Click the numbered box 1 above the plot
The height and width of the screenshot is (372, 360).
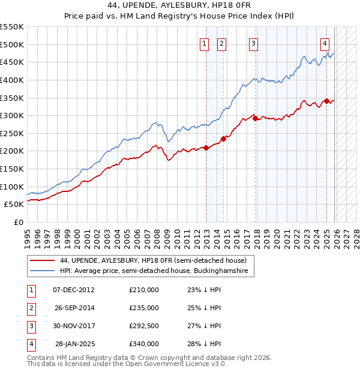[205, 43]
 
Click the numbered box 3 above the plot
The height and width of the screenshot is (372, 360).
[254, 43]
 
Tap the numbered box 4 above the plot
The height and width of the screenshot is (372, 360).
[325, 43]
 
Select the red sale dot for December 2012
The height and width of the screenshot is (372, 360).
[206, 148]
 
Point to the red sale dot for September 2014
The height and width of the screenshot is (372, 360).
[223, 139]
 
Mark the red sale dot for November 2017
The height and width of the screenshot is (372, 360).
[256, 118]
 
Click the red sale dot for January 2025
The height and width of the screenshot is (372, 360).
[326, 101]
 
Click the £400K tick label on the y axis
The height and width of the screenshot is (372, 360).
[12, 80]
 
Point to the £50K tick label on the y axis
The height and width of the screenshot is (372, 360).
[14, 205]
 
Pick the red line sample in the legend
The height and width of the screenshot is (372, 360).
[43, 261]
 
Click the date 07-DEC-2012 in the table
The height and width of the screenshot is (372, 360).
[74, 290]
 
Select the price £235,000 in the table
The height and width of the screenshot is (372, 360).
[144, 308]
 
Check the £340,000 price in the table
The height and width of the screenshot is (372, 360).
[144, 344]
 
